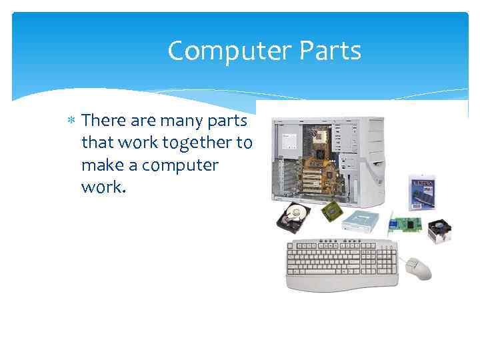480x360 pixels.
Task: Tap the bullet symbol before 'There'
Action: pyautogui.click(x=71, y=121)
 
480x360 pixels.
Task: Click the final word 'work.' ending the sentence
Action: pyautogui.click(x=103, y=187)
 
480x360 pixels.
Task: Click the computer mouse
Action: pyautogui.click(x=419, y=267)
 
